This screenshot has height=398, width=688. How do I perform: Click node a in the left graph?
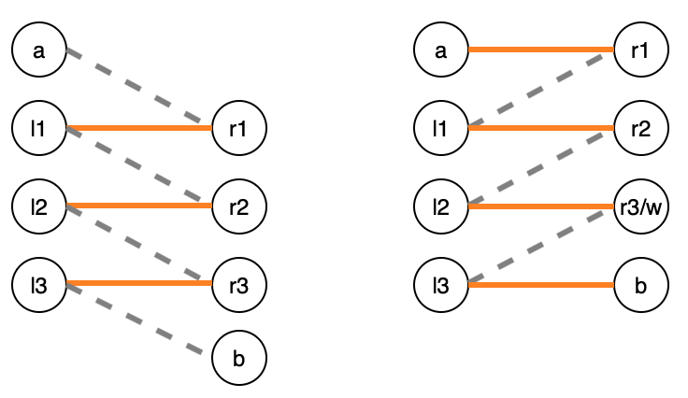click(38, 50)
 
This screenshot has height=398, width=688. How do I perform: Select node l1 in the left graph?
click(38, 128)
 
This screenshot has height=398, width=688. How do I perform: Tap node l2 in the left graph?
click(38, 206)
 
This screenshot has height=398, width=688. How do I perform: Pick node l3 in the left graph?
click(38, 283)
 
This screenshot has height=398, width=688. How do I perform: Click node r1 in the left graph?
click(239, 128)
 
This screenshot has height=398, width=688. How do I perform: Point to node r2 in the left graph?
click(239, 206)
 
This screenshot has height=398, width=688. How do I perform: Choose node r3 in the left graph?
click(239, 283)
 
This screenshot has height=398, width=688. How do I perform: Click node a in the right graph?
click(441, 50)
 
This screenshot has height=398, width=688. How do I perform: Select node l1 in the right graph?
click(441, 128)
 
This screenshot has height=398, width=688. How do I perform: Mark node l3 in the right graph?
click(441, 283)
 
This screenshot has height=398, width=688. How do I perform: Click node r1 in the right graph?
click(641, 50)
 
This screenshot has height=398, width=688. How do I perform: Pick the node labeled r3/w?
click(641, 206)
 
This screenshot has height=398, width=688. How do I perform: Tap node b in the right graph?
click(641, 283)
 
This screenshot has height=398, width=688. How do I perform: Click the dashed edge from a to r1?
click(138, 89)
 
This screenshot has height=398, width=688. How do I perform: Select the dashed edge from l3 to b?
click(138, 321)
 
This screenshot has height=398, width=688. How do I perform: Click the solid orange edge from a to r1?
click(541, 50)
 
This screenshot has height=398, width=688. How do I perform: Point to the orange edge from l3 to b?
click(541, 283)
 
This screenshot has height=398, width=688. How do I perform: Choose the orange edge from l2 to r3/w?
click(541, 206)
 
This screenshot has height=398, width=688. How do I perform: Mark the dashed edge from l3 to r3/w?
click(541, 245)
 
